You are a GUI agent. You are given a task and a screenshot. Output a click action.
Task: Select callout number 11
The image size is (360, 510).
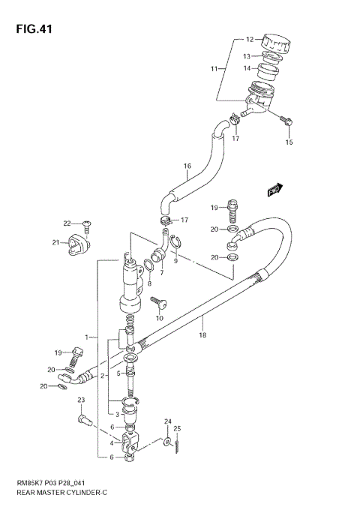click(214, 69)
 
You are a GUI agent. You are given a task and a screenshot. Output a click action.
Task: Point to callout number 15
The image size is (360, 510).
click(289, 142)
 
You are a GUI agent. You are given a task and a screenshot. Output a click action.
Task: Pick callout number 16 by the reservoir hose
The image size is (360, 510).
click(187, 166)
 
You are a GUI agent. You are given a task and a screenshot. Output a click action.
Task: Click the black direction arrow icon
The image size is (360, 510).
click(274, 190)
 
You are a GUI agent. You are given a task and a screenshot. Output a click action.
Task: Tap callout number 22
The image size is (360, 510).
click(66, 223)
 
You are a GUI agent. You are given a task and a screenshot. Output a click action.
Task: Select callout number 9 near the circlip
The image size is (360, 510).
click(175, 260)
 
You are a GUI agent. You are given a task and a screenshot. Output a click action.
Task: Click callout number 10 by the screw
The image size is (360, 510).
click(159, 319)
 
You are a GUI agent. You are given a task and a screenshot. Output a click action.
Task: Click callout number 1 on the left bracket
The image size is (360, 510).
click(87, 337)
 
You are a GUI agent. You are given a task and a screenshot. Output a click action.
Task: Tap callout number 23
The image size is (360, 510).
click(81, 400)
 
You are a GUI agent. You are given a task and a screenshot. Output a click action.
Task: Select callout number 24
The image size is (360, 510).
click(168, 422)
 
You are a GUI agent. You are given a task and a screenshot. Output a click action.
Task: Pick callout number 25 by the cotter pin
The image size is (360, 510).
click(178, 428)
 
